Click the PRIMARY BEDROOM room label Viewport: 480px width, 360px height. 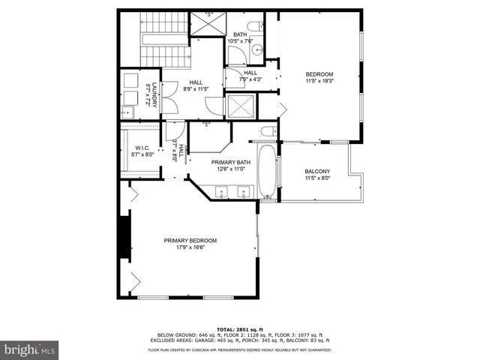(190, 240)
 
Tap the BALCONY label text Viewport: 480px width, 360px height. (318, 171)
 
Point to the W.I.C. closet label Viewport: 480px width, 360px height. (142, 148)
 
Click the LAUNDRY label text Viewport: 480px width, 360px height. (154, 94)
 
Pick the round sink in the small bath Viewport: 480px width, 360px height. (256, 50)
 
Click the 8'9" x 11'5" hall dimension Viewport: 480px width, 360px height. (196, 89)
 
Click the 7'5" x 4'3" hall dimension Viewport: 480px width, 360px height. (250, 79)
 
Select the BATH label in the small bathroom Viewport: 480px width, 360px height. (240, 34)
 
